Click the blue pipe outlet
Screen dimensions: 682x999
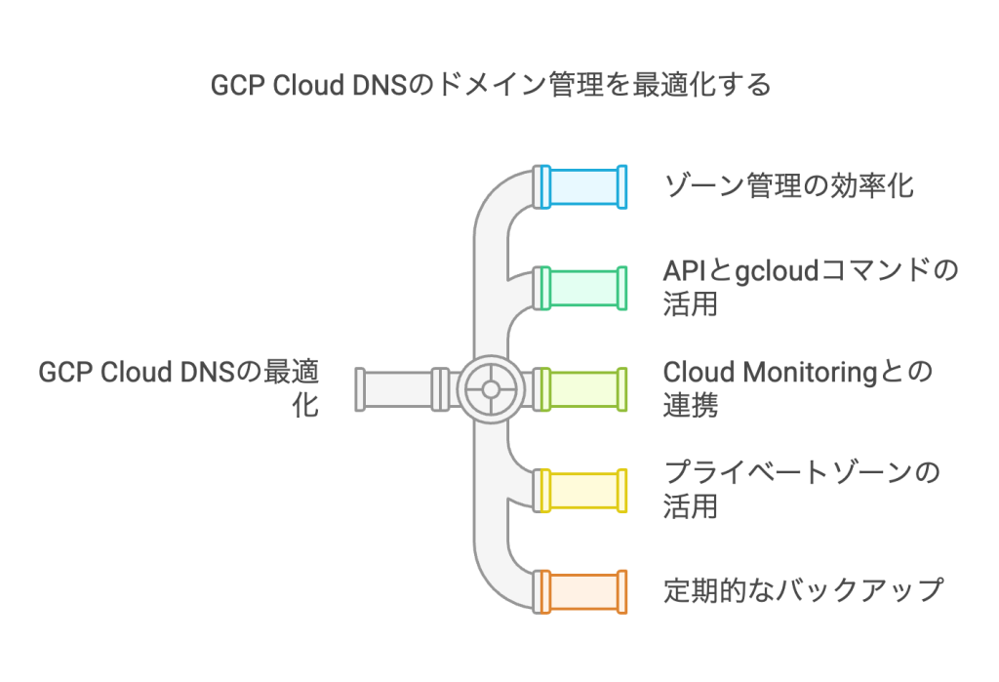pos(583,187)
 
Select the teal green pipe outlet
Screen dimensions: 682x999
pos(583,288)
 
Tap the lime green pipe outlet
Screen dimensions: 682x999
pos(583,388)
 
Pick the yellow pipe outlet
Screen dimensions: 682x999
pos(583,491)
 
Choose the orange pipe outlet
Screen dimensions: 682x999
pos(583,591)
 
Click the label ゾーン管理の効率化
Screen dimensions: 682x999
pos(788,185)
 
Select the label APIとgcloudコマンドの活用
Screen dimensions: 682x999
pos(810,287)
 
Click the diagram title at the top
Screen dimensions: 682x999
pos(492,86)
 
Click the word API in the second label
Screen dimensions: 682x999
pos(683,270)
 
